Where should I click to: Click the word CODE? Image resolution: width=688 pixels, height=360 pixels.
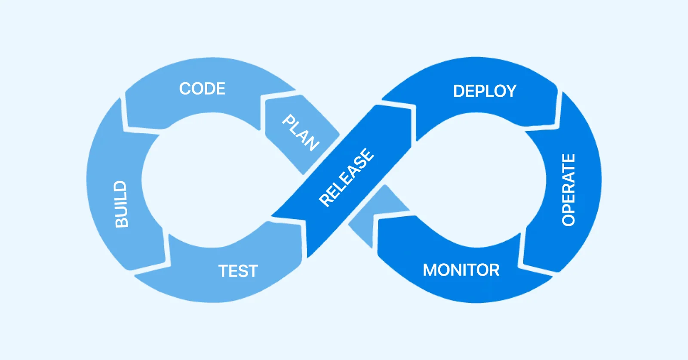(x=202, y=89)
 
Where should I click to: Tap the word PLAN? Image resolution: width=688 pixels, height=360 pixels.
(x=301, y=132)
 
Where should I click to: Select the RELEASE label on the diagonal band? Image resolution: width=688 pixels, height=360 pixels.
(x=347, y=177)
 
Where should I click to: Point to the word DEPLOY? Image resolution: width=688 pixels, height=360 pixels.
(x=485, y=91)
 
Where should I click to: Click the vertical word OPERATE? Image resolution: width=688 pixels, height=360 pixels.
(x=568, y=190)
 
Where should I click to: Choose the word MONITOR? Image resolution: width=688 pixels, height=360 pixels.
(x=461, y=270)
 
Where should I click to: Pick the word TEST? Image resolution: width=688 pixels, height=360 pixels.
(x=238, y=271)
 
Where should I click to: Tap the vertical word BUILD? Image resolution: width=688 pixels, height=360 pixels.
(x=121, y=204)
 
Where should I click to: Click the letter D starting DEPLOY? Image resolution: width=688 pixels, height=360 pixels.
(x=458, y=91)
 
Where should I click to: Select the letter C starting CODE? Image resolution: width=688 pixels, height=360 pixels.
(x=185, y=89)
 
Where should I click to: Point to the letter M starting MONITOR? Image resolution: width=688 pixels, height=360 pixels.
(x=430, y=270)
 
